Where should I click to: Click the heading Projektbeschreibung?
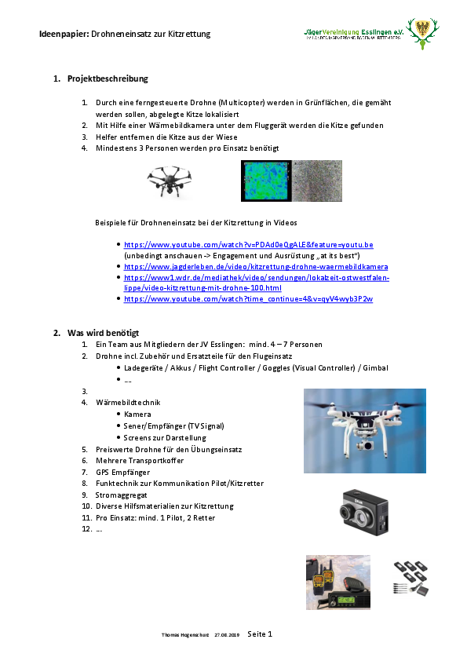click(108, 79)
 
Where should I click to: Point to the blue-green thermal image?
click(266, 181)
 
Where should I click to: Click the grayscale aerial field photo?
click(317, 181)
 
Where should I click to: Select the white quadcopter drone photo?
click(364, 430)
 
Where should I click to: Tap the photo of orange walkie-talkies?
click(337, 582)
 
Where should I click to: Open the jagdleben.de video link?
click(255, 267)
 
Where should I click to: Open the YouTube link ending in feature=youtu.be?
click(248, 245)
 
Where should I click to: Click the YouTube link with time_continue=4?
click(248, 299)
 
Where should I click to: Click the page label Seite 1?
click(260, 634)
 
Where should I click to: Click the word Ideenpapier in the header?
click(64, 35)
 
